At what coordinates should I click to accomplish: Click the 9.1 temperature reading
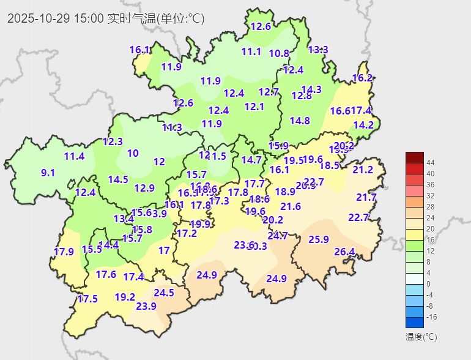(48, 173)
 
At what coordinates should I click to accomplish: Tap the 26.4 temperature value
(344, 252)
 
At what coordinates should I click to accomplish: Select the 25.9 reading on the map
(319, 239)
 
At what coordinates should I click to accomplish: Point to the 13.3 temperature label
(318, 50)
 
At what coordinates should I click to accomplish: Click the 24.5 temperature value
(164, 293)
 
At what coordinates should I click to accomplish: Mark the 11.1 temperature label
(251, 52)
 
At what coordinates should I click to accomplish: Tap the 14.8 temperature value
(300, 121)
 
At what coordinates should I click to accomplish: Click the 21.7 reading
(366, 197)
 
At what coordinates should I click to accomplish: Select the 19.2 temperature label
(125, 297)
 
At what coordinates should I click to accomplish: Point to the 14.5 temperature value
(118, 179)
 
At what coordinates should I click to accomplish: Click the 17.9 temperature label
(64, 252)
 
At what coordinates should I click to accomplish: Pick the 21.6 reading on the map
(291, 206)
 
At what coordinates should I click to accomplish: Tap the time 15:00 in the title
(88, 18)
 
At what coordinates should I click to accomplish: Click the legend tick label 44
(431, 162)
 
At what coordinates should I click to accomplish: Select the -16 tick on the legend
(431, 317)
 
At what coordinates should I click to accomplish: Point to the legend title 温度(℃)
(421, 337)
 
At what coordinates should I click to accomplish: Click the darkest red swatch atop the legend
(414, 157)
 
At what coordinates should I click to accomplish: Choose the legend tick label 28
(431, 206)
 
